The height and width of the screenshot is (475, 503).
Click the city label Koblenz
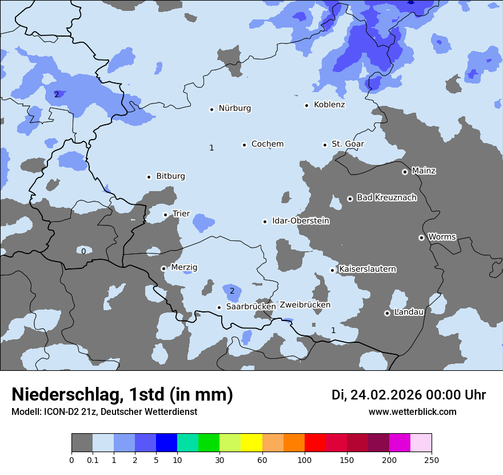coord(329,105)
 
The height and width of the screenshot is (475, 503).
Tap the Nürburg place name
coord(234,108)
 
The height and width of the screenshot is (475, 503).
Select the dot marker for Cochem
coord(244,145)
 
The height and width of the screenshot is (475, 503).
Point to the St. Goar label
coord(348,144)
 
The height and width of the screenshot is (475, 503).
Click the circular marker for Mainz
coord(405,172)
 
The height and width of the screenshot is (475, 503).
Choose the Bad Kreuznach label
coord(386,198)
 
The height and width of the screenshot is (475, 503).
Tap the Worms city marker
coord(421,237)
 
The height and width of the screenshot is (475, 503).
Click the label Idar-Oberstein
coord(301,221)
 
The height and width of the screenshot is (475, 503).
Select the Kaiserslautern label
coord(368,269)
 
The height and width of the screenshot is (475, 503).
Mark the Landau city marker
coord(387,313)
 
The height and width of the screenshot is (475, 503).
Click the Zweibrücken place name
coord(305,305)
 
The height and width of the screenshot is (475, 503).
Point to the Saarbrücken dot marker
coord(219,307)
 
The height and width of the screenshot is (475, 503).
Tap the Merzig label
coord(184,267)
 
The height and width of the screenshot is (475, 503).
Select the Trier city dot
coord(165,215)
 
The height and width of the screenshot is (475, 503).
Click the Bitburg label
coord(170,176)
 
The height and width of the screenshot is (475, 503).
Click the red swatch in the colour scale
coord(315,443)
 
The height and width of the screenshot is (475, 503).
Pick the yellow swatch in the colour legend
coord(251,443)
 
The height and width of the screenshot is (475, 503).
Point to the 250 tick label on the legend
coord(432,460)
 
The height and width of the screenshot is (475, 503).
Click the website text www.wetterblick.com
coord(412,412)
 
